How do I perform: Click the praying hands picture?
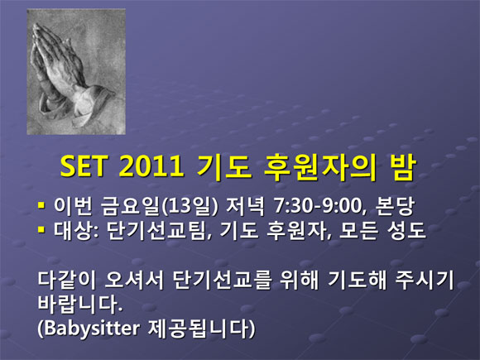point(76,72)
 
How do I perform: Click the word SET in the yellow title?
point(84,166)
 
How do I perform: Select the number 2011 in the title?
point(151,166)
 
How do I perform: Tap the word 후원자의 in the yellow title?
point(319,167)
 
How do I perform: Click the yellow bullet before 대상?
point(41,229)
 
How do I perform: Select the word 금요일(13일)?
point(160,206)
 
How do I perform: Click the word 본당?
point(396,206)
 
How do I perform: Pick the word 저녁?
point(245,206)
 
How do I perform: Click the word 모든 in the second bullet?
point(358,230)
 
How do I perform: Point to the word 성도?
point(406,230)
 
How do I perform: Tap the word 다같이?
point(67,280)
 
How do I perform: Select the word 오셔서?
point(135,280)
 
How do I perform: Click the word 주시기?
point(425,280)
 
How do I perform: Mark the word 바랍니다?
point(80,305)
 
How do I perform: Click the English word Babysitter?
point(89,329)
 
